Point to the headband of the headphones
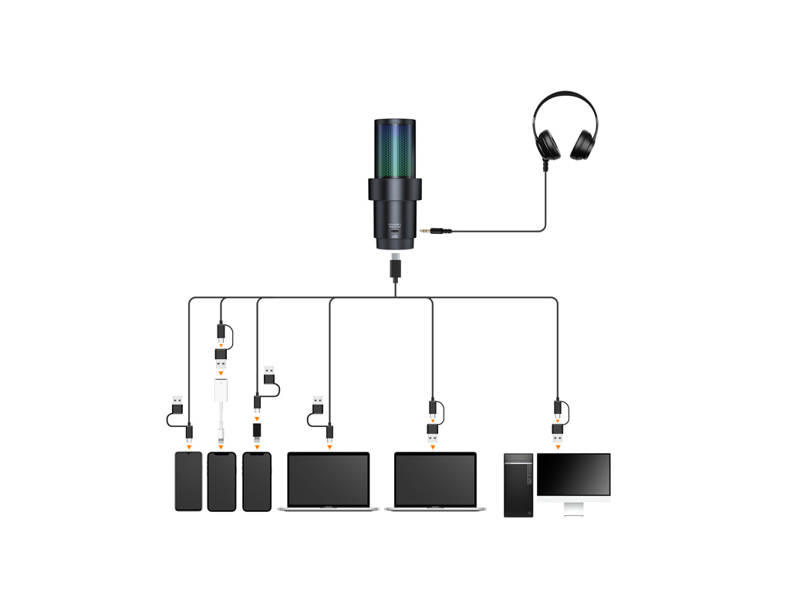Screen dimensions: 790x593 (x=565, y=96)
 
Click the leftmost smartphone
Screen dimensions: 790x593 (x=188, y=481)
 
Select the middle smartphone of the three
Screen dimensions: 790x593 (x=221, y=481)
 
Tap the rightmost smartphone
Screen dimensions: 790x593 (x=257, y=481)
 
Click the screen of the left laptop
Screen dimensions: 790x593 (x=329, y=479)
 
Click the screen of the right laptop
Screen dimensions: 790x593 (x=435, y=479)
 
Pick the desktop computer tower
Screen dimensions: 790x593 (x=518, y=484)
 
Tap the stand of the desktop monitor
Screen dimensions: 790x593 (x=573, y=508)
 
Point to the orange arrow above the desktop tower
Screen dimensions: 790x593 (x=558, y=447)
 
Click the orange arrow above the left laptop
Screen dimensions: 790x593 (x=329, y=447)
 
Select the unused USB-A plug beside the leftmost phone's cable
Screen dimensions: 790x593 (x=177, y=403)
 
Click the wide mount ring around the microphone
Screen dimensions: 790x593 (x=395, y=190)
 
